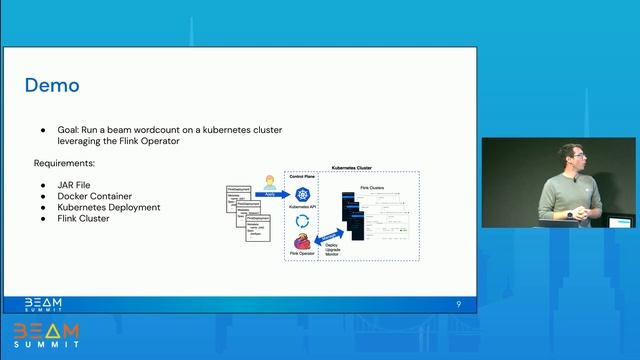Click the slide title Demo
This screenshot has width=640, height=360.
click(52, 86)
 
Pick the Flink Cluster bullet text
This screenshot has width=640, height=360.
click(87, 218)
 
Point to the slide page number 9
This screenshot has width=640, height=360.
click(458, 303)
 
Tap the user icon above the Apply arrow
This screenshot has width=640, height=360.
click(269, 183)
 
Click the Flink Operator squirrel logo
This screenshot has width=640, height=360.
click(301, 242)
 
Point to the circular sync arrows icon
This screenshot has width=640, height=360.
click(302, 220)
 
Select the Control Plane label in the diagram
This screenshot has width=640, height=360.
click(302, 177)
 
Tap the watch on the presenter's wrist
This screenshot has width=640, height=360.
click(571, 214)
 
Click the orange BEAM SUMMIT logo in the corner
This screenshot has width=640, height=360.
click(46, 335)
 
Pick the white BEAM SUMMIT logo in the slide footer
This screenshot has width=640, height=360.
click(43, 303)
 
